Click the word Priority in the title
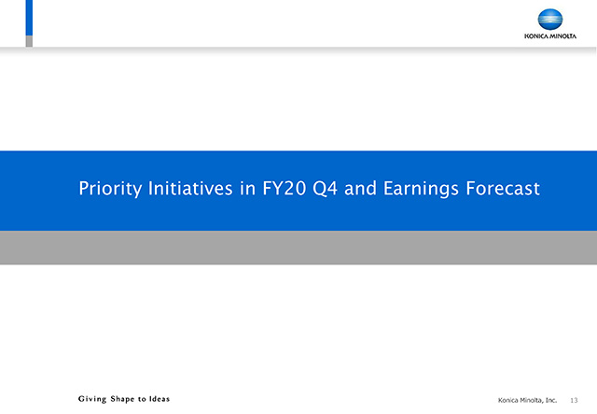[x=110, y=189]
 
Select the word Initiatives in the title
[x=190, y=188]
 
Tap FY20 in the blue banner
[x=284, y=188]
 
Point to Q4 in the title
[x=325, y=189]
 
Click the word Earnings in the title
[x=421, y=189]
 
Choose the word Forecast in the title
[x=503, y=188]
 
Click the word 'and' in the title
[x=360, y=188]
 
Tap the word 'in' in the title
[x=247, y=188]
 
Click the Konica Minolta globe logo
[x=550, y=20]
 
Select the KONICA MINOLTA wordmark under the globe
[x=550, y=36]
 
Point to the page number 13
[x=574, y=400]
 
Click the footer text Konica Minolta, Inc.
[x=527, y=400]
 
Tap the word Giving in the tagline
[x=92, y=399]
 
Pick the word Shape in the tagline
[x=122, y=399]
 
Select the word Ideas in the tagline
[x=160, y=399]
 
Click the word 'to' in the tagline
[x=142, y=399]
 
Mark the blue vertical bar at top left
[x=29, y=18]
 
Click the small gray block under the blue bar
[x=29, y=41]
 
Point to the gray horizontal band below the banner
[x=298, y=248]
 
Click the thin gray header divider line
[x=298, y=48]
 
